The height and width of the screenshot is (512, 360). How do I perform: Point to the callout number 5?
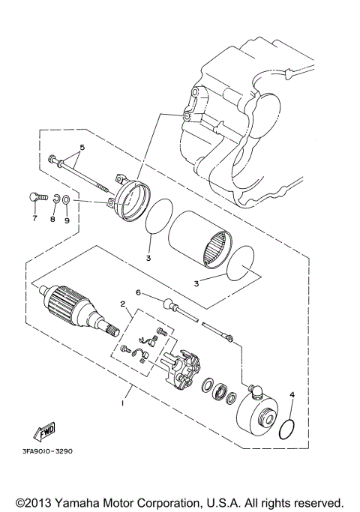82,147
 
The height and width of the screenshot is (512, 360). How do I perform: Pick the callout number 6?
138,292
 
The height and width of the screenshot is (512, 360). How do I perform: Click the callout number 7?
34,219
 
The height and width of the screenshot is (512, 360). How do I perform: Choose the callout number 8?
52,219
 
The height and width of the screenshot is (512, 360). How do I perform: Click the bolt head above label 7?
33,198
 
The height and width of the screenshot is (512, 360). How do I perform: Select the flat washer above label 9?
67,200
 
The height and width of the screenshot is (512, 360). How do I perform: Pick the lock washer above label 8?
54,199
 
